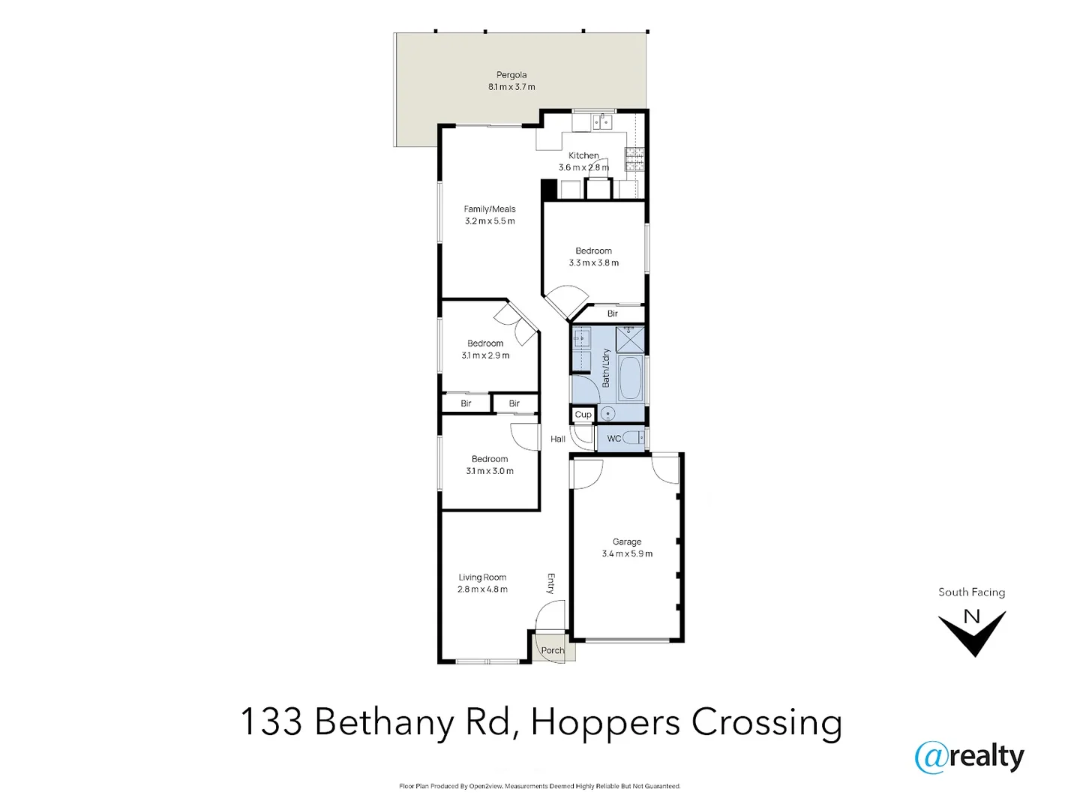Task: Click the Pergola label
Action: pos(511,75)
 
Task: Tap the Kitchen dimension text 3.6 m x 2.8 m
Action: pos(583,168)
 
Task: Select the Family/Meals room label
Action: pos(490,209)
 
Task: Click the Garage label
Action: pos(627,541)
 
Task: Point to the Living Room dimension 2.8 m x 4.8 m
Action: pos(482,589)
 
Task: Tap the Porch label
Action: pos(553,650)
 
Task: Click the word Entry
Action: pos(550,583)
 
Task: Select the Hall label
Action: pos(558,439)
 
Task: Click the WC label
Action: pos(614,439)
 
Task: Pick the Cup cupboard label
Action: pos(583,415)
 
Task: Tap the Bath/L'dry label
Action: pos(606,367)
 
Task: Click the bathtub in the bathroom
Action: pos(629,378)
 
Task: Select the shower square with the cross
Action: pos(630,340)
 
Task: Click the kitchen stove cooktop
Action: pos(634,159)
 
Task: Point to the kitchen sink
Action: pos(602,121)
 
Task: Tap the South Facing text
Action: pos(971,592)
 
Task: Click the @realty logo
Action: pos(969,757)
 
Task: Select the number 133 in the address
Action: pos(271,722)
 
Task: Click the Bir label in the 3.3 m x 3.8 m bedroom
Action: pos(613,313)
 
